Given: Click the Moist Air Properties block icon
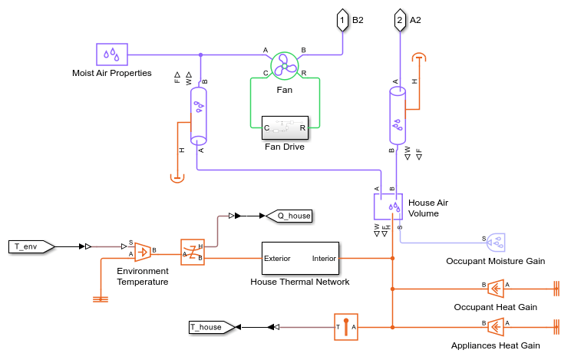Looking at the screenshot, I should coord(112,54).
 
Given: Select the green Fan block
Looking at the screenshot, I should coord(284,67).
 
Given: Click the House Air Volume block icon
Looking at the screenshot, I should coord(388,206).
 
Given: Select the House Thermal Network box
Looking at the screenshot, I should coord(299,258).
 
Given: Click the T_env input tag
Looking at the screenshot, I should coord(31,246).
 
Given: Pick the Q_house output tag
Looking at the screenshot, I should coord(291,216).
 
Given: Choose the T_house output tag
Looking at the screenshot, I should coord(210,327).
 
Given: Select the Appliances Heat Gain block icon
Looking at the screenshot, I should coord(495,327).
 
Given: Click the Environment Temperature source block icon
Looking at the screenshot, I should coord(143,251).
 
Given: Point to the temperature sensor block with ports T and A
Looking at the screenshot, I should coord(345,327).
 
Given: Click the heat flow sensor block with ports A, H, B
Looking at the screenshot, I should coord(192,251).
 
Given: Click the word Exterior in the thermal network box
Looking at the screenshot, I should coord(277,259).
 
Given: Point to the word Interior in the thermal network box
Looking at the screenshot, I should coord(324,259).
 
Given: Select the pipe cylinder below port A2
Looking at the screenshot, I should coord(398,115).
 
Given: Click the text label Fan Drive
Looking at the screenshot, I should coord(284,147).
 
